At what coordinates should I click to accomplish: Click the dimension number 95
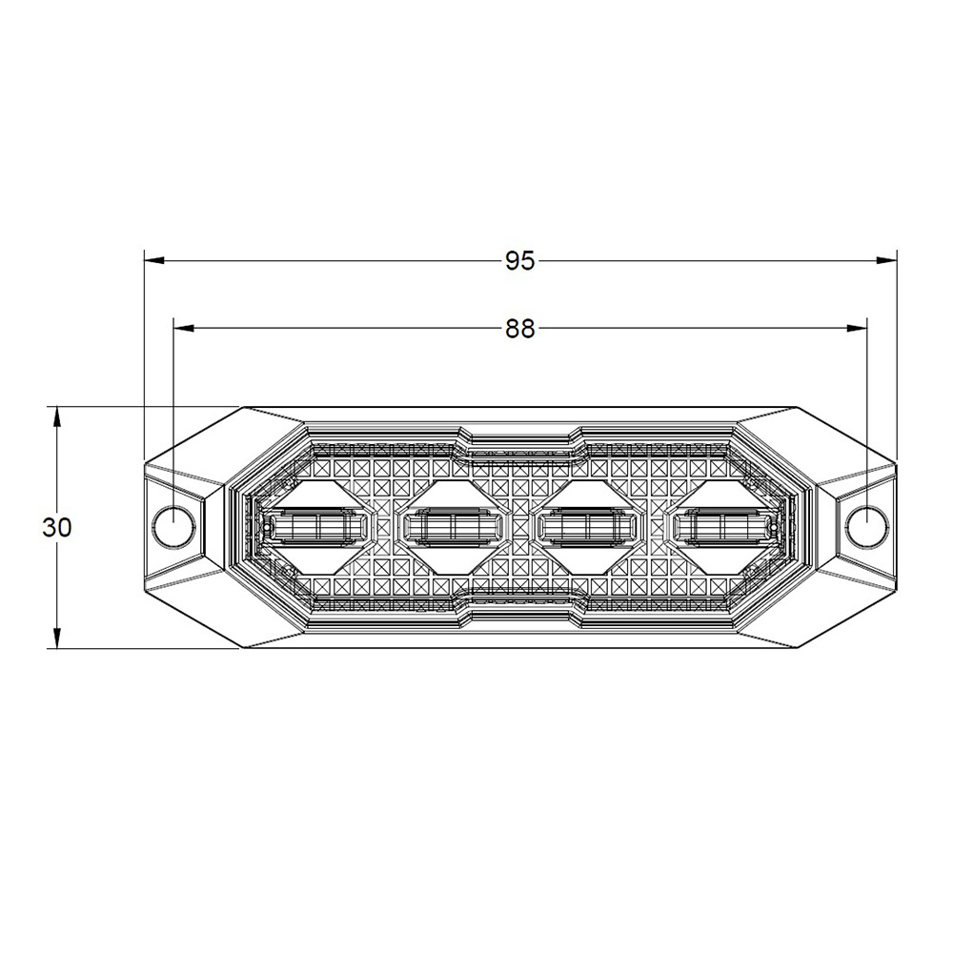pyautogui.click(x=519, y=261)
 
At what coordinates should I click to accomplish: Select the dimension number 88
pyautogui.click(x=519, y=329)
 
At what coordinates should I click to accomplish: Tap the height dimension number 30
pyautogui.click(x=57, y=528)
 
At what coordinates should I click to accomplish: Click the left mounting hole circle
pyautogui.click(x=173, y=527)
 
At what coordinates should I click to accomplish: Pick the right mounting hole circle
pyautogui.click(x=867, y=527)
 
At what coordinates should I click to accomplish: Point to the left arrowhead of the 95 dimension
pyautogui.click(x=153, y=261)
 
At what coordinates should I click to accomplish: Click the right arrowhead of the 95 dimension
pyautogui.click(x=886, y=261)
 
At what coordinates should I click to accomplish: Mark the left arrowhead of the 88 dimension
pyautogui.click(x=184, y=329)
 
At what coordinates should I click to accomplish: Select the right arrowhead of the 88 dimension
pyautogui.click(x=857, y=329)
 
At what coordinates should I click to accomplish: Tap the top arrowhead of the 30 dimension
pyautogui.click(x=56, y=417)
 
